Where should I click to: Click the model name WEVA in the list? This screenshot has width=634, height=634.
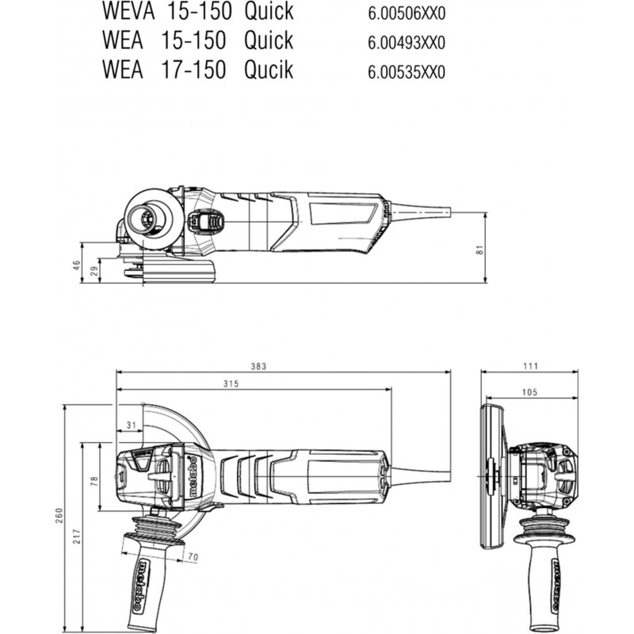click(x=128, y=11)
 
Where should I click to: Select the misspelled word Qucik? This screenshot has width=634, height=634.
click(x=269, y=70)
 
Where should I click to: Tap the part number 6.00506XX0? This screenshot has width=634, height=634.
click(x=407, y=13)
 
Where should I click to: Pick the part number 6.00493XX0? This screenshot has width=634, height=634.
click(x=407, y=43)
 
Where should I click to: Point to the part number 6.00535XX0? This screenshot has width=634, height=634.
click(x=407, y=72)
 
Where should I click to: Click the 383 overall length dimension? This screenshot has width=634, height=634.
click(x=258, y=366)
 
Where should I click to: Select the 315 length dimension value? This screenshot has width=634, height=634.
click(x=231, y=384)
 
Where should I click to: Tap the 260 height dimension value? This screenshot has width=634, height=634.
click(x=59, y=516)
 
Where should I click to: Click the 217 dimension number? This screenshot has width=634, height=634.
click(x=77, y=537)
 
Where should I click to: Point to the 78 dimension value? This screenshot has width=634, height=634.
click(x=94, y=481)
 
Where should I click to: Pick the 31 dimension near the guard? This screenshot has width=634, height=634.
click(x=131, y=425)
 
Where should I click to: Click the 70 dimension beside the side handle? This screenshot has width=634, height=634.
click(x=193, y=557)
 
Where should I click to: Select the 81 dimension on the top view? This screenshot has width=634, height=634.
click(x=480, y=250)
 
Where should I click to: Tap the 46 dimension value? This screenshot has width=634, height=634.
click(x=77, y=265)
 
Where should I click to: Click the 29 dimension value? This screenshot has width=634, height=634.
click(x=94, y=271)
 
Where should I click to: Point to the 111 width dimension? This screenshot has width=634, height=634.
click(x=530, y=366)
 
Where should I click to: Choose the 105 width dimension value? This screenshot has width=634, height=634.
click(x=529, y=391)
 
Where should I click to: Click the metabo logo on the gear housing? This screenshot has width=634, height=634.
click(x=193, y=478)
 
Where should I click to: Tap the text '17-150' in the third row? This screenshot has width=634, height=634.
click(x=193, y=70)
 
